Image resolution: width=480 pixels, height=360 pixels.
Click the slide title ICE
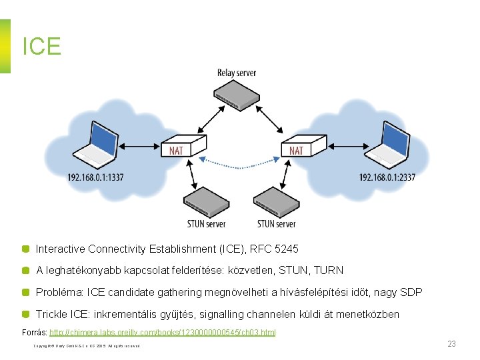(41, 46)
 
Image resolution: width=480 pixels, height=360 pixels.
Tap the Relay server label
(237, 73)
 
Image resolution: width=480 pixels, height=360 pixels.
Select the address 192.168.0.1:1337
(95, 177)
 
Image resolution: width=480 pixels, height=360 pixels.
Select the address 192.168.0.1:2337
(387, 177)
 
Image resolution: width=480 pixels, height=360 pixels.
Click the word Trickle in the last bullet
(53, 314)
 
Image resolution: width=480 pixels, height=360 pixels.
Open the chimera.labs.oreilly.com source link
(163, 332)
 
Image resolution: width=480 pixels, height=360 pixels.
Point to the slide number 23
(451, 344)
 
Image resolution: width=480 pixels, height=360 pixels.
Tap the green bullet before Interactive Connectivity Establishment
(25, 249)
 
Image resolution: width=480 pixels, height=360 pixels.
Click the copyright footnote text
(87, 346)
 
